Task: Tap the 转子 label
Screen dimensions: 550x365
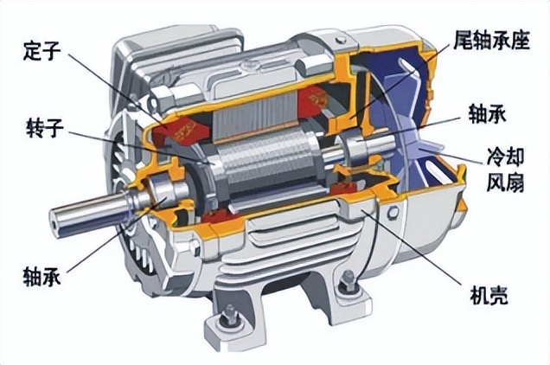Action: pos(45,128)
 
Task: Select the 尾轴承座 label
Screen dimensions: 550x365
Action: pos(491,40)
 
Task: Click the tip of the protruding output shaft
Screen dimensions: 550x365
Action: pos(55,221)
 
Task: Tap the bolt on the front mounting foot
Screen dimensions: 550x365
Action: pos(230,315)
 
